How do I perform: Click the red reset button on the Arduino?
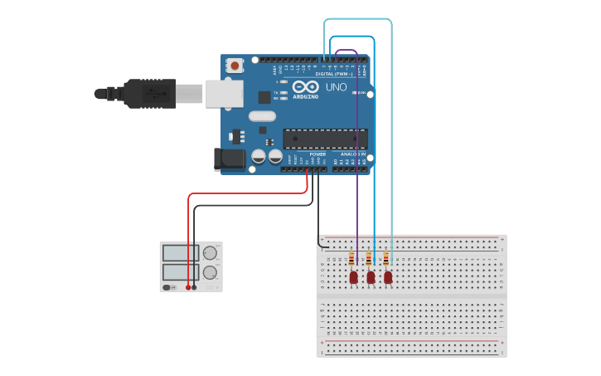[235, 65]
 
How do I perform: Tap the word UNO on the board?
[336, 87]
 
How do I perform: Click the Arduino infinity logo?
[304, 87]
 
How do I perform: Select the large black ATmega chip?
[324, 139]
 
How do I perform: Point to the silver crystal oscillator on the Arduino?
[260, 117]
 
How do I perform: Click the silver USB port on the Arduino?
[224, 93]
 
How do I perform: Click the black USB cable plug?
[149, 93]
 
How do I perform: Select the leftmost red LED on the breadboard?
[354, 276]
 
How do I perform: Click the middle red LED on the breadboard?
[371, 276]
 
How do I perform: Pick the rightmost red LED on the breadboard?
[388, 276]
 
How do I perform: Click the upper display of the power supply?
[180, 252]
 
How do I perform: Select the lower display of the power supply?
[180, 271]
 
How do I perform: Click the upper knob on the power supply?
[211, 252]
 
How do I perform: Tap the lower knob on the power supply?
[211, 271]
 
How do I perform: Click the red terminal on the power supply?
[188, 287]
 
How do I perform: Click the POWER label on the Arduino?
[317, 154]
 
